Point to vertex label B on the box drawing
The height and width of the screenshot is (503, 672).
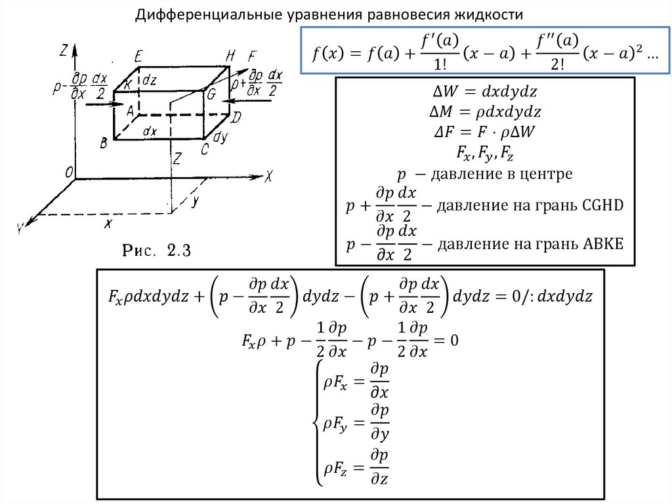click(x=104, y=143)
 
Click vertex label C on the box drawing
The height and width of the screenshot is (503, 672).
click(x=205, y=150)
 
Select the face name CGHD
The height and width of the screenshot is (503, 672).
click(x=600, y=205)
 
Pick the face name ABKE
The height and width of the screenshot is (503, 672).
click(x=600, y=244)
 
